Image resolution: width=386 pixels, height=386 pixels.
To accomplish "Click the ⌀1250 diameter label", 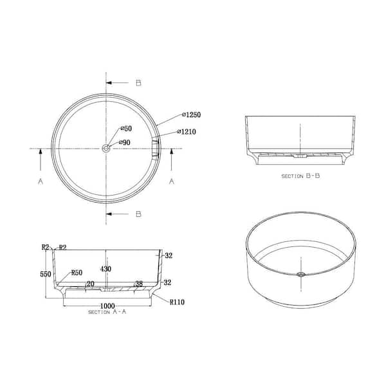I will point(192,115).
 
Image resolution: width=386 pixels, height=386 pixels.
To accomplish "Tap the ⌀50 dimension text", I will point(127,129).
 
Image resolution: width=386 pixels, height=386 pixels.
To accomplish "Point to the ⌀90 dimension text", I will point(125,142).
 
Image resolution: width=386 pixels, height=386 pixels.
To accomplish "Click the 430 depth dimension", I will point(106,269).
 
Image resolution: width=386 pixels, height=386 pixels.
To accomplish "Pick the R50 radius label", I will point(78,272).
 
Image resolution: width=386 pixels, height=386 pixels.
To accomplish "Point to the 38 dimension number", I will point(138,284).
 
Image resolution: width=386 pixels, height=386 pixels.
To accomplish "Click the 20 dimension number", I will point(89,284).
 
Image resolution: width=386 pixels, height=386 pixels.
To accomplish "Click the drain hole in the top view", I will point(106,149).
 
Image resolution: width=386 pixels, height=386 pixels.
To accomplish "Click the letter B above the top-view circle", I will point(138,83).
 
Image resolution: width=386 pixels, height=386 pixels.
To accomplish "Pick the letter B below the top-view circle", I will point(138,214).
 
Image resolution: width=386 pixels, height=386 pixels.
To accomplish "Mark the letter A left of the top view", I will point(40,182).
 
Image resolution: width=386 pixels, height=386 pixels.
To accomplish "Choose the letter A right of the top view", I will point(172,182).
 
